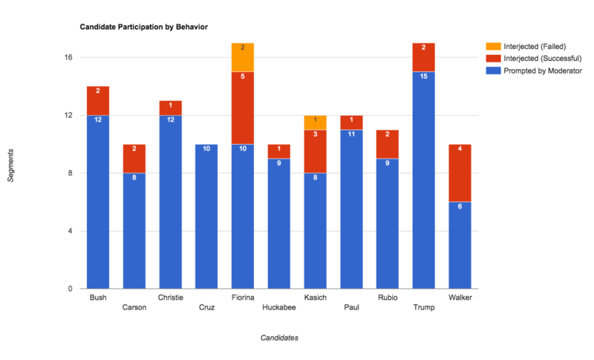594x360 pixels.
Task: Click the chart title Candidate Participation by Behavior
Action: (x=143, y=27)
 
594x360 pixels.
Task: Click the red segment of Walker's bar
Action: (x=460, y=173)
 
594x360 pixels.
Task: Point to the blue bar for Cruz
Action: (x=206, y=216)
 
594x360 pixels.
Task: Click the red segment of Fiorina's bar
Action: (x=243, y=108)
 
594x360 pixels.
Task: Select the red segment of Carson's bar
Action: (x=134, y=158)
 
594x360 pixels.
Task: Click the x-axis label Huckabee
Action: (x=279, y=307)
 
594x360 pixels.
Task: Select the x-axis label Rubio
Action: (x=388, y=298)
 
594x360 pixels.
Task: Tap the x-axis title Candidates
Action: (x=279, y=338)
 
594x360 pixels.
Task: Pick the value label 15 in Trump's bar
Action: (x=423, y=76)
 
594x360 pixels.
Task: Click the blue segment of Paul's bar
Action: (x=351, y=209)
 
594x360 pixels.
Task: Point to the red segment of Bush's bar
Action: (x=98, y=101)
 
